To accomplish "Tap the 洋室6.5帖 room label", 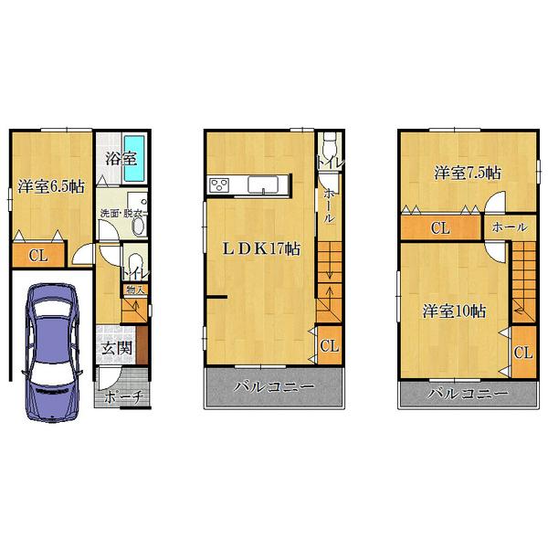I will pyautogui.click(x=51, y=187).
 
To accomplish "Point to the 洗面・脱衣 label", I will pyautogui.click(x=124, y=216).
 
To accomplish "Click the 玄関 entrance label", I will pyautogui.click(x=115, y=347).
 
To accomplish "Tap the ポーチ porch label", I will pyautogui.click(x=121, y=399).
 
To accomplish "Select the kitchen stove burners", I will pyautogui.click(x=220, y=185).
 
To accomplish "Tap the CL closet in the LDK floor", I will pyautogui.click(x=330, y=345).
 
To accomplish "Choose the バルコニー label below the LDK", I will pyautogui.click(x=274, y=387).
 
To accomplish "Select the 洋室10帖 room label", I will pyautogui.click(x=453, y=311).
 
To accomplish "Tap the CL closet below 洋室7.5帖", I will pyautogui.click(x=439, y=227).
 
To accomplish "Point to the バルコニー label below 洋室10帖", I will pyautogui.click(x=467, y=394).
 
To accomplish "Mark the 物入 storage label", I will pyautogui.click(x=130, y=290).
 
